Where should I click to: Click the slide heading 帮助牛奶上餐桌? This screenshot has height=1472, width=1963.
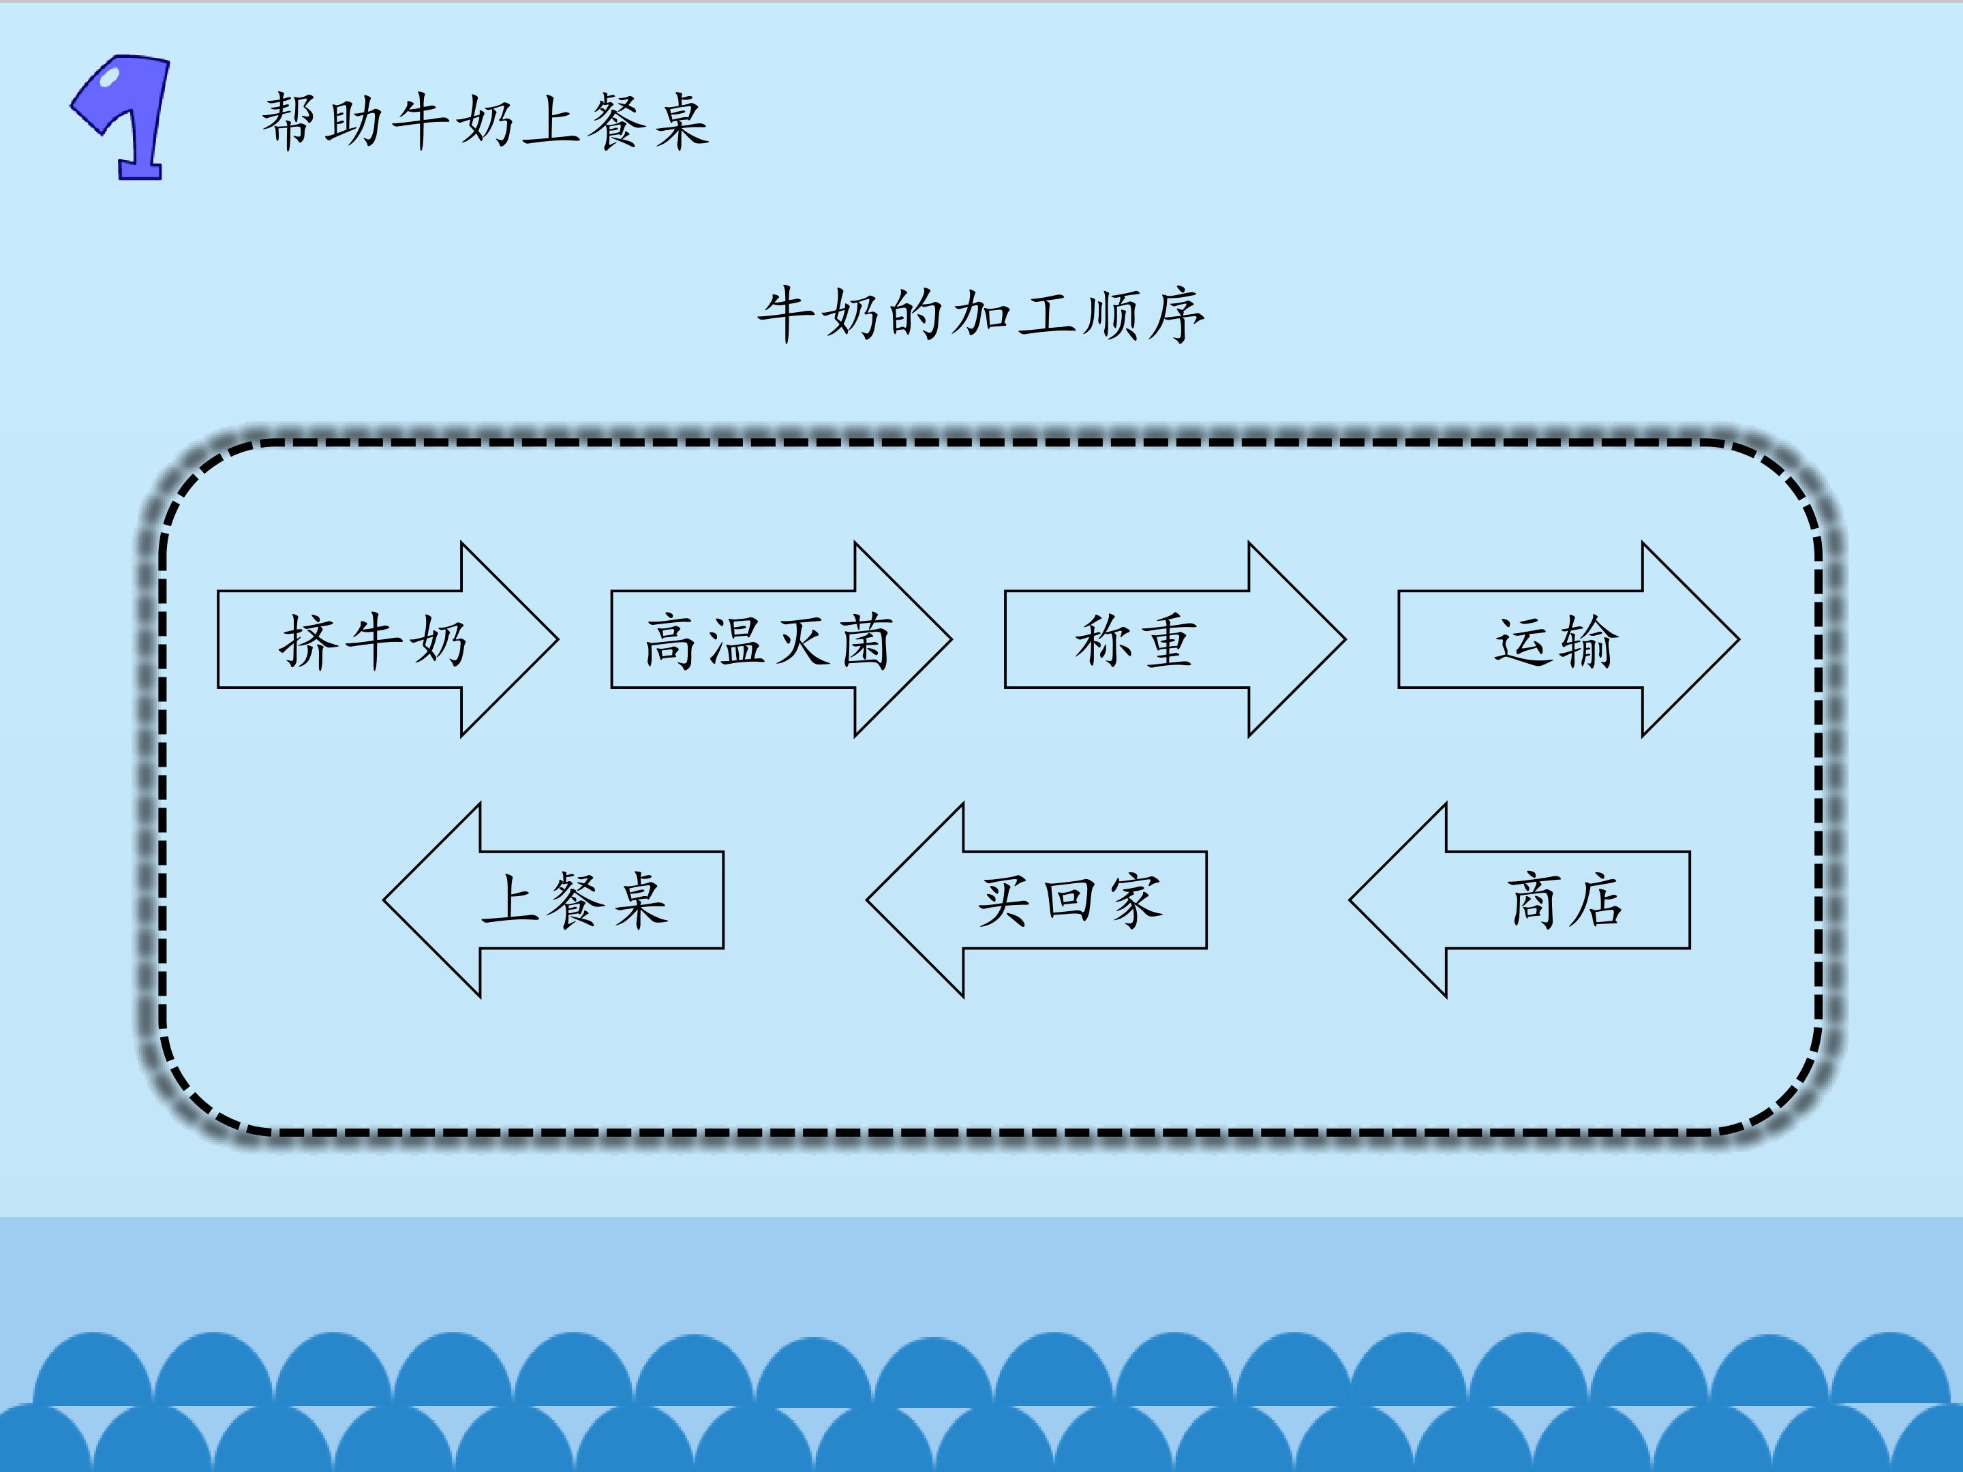coord(485,121)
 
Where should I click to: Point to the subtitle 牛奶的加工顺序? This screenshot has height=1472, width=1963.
coord(981,315)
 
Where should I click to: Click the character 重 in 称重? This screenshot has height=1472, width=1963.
coord(1168,641)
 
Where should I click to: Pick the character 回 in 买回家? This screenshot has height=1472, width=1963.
coord(1069,901)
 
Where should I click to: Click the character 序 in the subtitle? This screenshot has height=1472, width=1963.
coord(1176,315)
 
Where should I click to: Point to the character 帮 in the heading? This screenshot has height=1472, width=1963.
coord(289,121)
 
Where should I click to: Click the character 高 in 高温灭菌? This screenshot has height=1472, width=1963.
coord(671,641)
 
